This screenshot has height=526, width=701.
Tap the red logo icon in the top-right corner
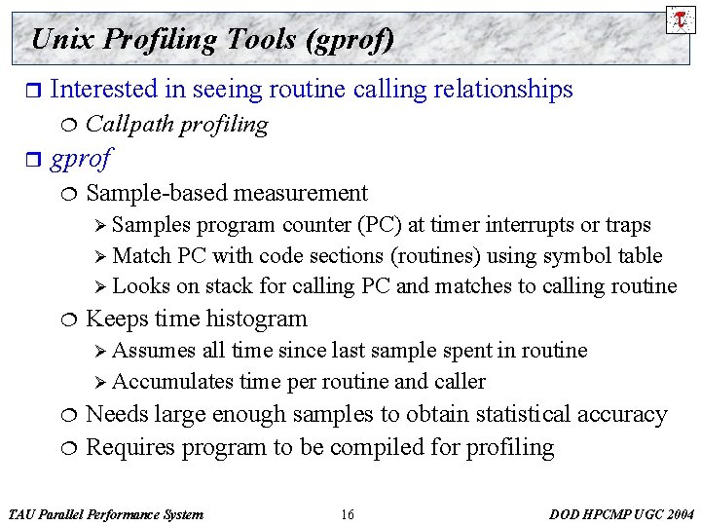pyautogui.click(x=679, y=19)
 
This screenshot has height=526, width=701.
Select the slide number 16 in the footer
pyautogui.click(x=348, y=514)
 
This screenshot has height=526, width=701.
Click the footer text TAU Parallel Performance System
pyautogui.click(x=105, y=514)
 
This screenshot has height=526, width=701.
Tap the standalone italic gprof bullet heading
pyautogui.click(x=80, y=158)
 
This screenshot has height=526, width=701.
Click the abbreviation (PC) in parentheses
pyautogui.click(x=376, y=225)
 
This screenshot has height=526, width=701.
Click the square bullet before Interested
pyautogui.click(x=31, y=91)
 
